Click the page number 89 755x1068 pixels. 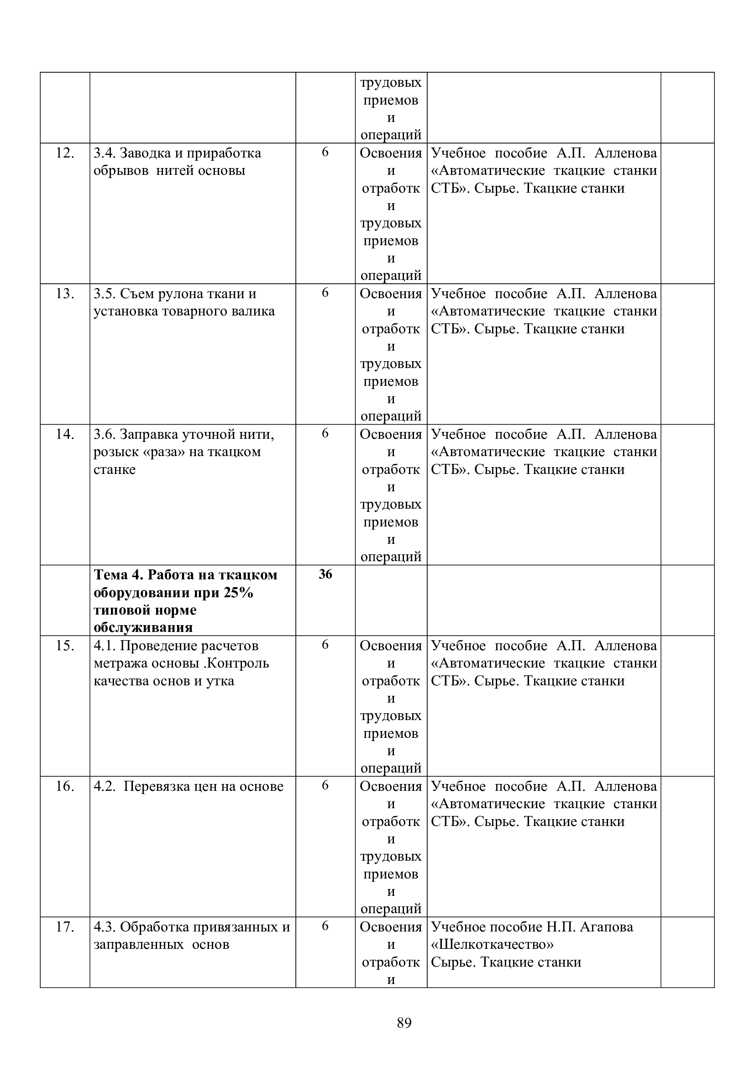(404, 1023)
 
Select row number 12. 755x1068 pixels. (65, 153)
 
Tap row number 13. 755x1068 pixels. (65, 294)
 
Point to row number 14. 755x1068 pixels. (65, 434)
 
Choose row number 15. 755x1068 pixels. (65, 646)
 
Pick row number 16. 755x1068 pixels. (65, 787)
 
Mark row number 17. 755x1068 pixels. (65, 927)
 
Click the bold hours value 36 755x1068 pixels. (325, 574)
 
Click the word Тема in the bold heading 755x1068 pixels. (110, 575)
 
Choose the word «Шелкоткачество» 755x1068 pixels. (493, 945)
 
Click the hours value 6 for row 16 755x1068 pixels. (325, 786)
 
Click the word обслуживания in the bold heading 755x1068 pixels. (143, 628)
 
